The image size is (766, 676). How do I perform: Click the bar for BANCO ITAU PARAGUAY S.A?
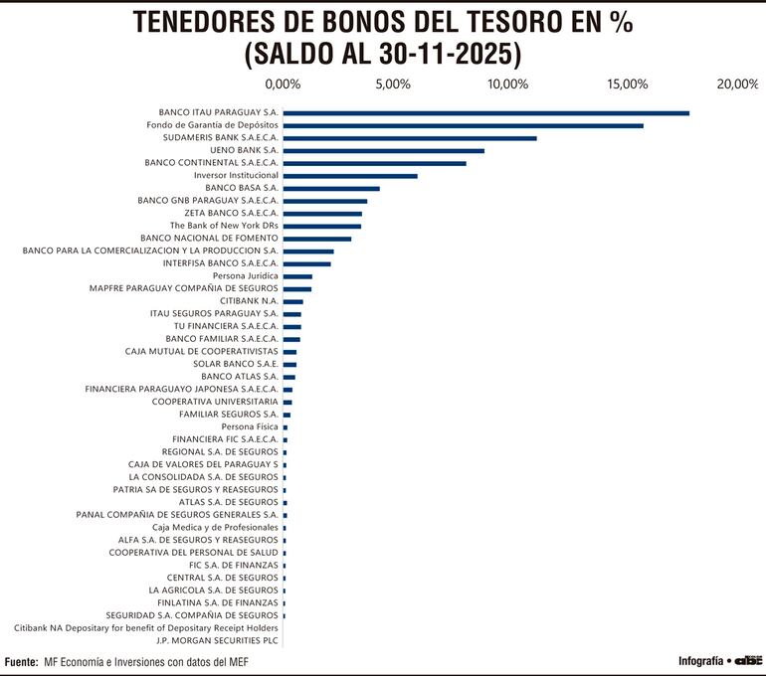486,113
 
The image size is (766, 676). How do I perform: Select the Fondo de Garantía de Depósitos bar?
464,125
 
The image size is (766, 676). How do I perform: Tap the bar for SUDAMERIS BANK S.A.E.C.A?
410,138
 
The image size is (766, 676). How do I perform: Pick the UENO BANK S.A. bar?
384,151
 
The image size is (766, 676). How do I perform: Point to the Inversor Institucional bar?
350,176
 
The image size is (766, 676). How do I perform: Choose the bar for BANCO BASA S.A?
331,189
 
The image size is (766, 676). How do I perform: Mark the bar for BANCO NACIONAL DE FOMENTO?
317,239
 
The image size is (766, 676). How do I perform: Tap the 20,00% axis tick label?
737,84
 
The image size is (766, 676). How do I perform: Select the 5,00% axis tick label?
394,84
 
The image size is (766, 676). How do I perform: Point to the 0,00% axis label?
283,84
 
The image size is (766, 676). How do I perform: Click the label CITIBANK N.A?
249,301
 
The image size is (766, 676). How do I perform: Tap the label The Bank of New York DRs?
224,226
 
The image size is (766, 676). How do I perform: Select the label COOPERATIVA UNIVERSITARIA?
215,402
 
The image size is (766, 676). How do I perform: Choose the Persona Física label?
250,426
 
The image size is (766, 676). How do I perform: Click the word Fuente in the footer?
21,661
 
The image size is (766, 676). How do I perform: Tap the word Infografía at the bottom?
700,661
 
